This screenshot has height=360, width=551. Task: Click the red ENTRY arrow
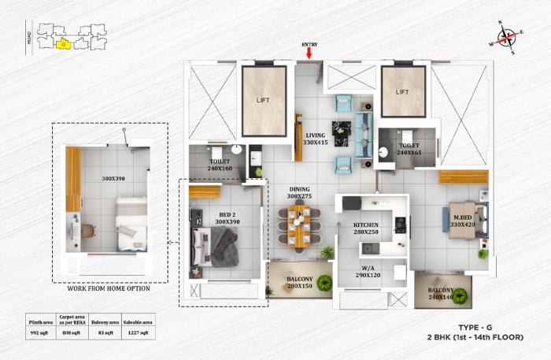coord(309,54)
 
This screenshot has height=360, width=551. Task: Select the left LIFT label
coord(262,100)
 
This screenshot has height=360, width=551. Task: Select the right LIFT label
coord(402,92)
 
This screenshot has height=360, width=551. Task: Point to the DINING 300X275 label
coord(298,193)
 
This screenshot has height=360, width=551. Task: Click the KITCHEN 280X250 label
coord(365,229)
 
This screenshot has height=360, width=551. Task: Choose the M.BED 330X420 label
coord(461,221)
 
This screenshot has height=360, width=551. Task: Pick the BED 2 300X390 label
coord(227,218)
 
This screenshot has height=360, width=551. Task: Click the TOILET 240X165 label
coord(410,149)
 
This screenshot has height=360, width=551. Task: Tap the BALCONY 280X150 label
coord(300,283)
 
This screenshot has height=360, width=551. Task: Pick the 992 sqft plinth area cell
coord(40,332)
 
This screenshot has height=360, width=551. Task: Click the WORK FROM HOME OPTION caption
coord(109,288)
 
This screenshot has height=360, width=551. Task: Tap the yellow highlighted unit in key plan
coord(63,44)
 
